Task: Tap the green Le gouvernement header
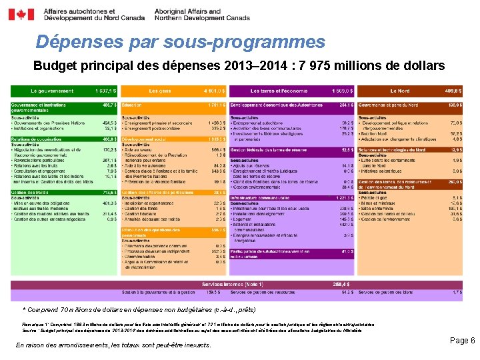click(52, 91)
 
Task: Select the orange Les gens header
click(160, 91)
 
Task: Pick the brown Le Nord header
click(399, 91)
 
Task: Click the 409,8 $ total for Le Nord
click(453, 91)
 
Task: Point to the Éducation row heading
click(132, 105)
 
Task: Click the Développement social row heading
click(144, 139)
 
